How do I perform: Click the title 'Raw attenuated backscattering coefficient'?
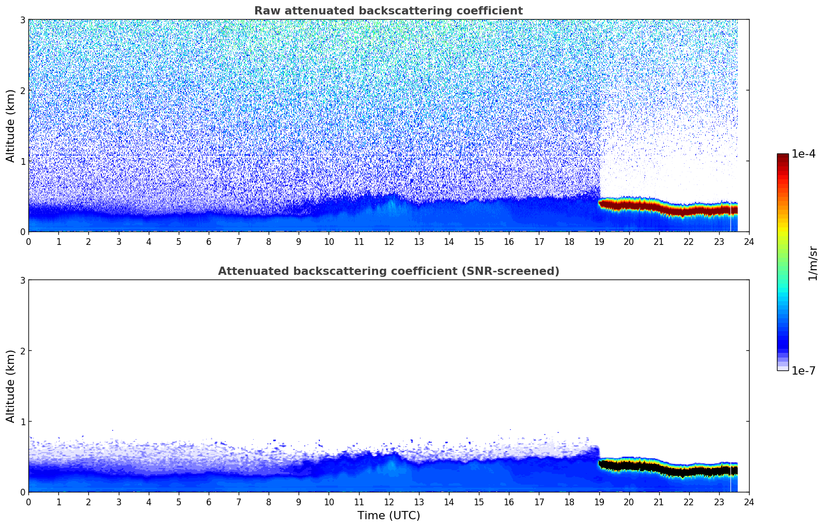(x=388, y=11)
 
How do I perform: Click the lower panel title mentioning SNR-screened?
(x=388, y=271)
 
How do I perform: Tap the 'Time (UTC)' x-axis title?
(x=388, y=516)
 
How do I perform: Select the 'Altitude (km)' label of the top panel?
(x=11, y=126)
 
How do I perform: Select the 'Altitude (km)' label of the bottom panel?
(x=11, y=386)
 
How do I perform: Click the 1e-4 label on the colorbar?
(x=803, y=154)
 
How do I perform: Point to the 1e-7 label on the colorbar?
(x=803, y=371)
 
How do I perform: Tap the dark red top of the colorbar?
(x=783, y=158)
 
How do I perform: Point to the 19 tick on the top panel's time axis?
(x=599, y=241)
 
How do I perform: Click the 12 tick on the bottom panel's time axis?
(x=388, y=502)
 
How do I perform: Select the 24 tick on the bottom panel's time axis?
(x=749, y=502)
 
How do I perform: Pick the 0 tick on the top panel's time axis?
(x=28, y=241)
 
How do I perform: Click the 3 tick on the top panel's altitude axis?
(x=22, y=20)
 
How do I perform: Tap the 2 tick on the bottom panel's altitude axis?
(x=22, y=351)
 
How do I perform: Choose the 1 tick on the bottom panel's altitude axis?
(x=22, y=422)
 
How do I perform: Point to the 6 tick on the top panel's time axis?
(x=209, y=241)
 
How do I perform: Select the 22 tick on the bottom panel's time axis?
(x=689, y=502)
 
